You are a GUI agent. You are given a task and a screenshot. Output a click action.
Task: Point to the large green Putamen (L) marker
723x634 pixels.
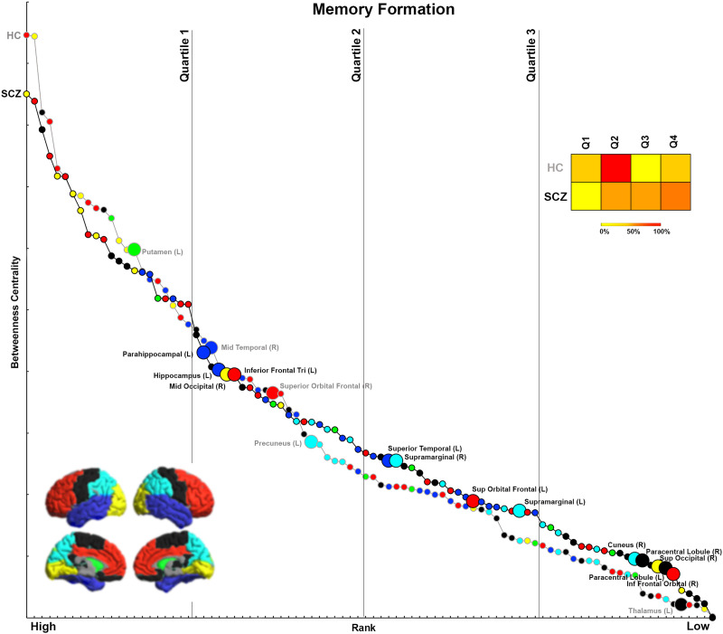(134, 249)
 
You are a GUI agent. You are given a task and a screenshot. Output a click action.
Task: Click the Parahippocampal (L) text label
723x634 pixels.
(159, 354)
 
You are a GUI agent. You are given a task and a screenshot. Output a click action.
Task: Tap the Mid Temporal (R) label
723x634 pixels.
(249, 346)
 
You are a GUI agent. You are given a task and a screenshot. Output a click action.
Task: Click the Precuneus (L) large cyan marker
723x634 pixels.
(311, 441)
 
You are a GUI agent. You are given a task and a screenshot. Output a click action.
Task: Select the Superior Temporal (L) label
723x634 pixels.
(425, 449)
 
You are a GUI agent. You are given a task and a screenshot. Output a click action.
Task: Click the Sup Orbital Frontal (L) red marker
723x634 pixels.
(473, 500)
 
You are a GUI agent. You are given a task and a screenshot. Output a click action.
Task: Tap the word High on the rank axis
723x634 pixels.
(42, 625)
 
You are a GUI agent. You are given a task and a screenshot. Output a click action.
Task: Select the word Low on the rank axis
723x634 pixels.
(697, 625)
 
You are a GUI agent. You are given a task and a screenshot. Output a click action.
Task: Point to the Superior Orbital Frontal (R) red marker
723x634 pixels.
(272, 393)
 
